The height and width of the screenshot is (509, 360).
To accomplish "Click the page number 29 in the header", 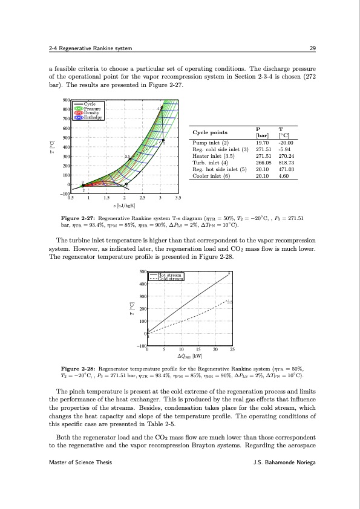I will click(307, 48).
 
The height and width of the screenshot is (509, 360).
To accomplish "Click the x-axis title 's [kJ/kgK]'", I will click(123, 206).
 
